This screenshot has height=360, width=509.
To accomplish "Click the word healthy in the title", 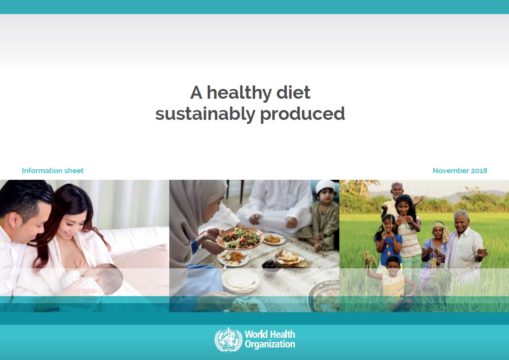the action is [239, 93].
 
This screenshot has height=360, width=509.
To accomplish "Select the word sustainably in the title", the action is [205, 114].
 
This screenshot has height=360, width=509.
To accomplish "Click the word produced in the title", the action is [303, 114].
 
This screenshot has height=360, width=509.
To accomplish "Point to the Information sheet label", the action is [53, 170].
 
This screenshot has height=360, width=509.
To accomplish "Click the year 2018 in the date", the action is [479, 170].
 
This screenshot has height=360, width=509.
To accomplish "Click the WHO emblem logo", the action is [228, 340].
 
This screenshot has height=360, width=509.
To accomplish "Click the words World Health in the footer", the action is [270, 334].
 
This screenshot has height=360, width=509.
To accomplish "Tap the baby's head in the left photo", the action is [109, 278].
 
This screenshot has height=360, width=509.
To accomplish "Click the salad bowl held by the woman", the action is [240, 238].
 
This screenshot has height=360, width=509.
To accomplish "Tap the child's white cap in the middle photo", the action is [325, 187].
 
